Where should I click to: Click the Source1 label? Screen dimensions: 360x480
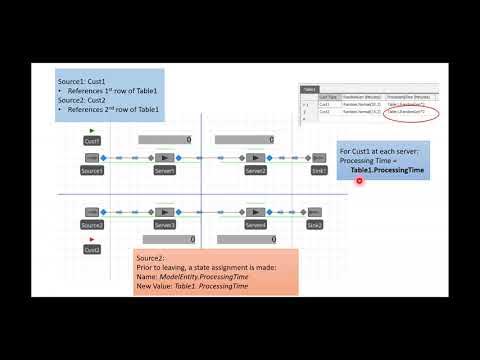click(92, 171)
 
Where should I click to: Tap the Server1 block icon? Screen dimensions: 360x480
click(164, 158)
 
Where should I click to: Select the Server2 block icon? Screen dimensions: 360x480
click(256, 158)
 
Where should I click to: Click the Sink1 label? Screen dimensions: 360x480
click(318, 171)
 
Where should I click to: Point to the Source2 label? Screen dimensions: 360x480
click(92, 225)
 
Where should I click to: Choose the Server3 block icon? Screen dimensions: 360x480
click(164, 212)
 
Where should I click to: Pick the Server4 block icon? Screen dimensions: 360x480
click(256, 212)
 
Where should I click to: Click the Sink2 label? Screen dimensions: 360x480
click(315, 225)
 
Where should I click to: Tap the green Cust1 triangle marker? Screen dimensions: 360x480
click(92, 131)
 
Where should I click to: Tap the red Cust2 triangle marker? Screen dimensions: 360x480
click(92, 239)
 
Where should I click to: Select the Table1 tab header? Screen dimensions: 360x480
click(310, 88)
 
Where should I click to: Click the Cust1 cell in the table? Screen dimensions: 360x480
click(325, 103)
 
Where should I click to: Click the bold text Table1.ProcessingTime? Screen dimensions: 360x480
click(387, 171)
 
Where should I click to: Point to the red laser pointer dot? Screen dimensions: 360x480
click(360, 180)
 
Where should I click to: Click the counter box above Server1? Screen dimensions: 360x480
click(165, 140)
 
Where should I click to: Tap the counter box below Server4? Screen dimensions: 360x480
click(257, 239)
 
